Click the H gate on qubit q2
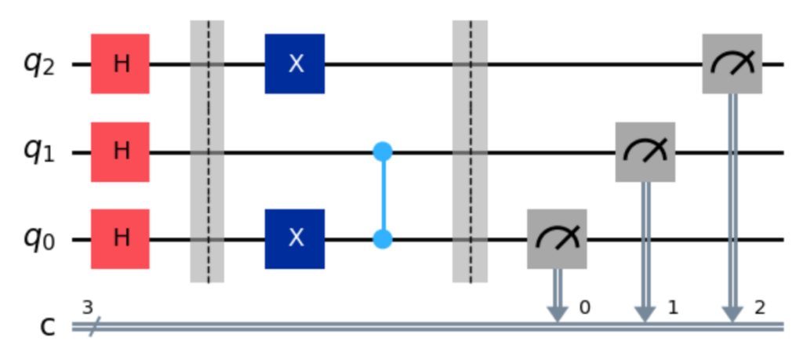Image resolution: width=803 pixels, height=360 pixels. point(120,64)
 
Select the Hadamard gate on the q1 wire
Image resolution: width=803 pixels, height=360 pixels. point(120,151)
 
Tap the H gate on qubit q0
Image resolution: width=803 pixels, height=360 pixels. point(120,239)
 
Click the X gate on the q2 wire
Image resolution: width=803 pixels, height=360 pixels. point(295,64)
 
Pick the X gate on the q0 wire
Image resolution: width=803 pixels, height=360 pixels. point(295,239)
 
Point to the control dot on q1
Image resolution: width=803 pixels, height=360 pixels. point(383,151)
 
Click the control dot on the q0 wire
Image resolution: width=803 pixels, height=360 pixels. point(383,239)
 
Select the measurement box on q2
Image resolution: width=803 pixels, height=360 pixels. point(732,64)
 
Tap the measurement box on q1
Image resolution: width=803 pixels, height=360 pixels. point(645,151)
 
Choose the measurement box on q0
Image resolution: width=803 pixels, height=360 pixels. point(557,239)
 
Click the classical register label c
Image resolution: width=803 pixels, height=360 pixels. point(49,328)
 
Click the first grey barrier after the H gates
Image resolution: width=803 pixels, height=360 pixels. point(208,151)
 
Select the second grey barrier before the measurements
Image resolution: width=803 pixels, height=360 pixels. point(470,151)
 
